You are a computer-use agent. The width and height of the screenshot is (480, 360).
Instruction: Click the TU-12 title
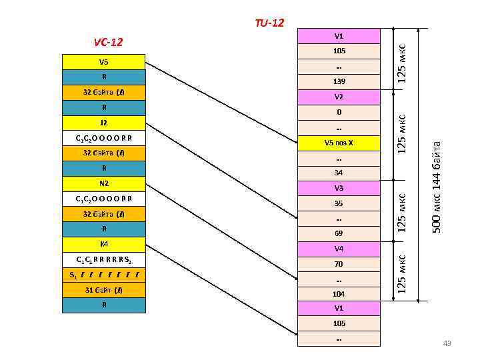click(x=269, y=23)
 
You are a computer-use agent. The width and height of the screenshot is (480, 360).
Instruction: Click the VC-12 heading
click(x=108, y=43)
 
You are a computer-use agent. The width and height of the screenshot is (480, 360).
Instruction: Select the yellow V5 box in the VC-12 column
click(x=103, y=62)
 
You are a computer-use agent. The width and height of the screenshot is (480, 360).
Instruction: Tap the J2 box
click(x=103, y=123)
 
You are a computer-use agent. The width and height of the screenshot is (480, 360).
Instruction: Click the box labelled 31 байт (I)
click(x=103, y=290)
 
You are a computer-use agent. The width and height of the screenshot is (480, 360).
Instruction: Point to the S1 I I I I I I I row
click(x=103, y=275)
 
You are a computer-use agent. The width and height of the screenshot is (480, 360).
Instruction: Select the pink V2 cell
click(x=339, y=97)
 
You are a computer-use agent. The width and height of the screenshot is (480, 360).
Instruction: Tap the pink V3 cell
click(x=339, y=189)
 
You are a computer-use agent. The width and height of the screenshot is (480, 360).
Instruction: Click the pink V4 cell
click(x=339, y=249)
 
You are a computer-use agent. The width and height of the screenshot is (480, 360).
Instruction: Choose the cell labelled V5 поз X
click(x=339, y=143)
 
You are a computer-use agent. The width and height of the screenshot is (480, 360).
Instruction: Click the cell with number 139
click(x=339, y=82)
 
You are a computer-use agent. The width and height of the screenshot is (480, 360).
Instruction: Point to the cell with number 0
click(x=339, y=113)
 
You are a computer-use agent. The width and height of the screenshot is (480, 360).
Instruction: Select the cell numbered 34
click(x=339, y=173)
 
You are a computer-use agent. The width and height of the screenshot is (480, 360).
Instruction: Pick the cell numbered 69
click(x=339, y=234)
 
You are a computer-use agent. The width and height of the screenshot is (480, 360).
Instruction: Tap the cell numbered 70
click(x=339, y=265)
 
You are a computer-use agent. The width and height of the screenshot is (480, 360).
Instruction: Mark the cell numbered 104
click(x=339, y=294)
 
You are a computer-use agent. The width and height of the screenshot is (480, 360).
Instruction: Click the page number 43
click(x=447, y=343)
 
